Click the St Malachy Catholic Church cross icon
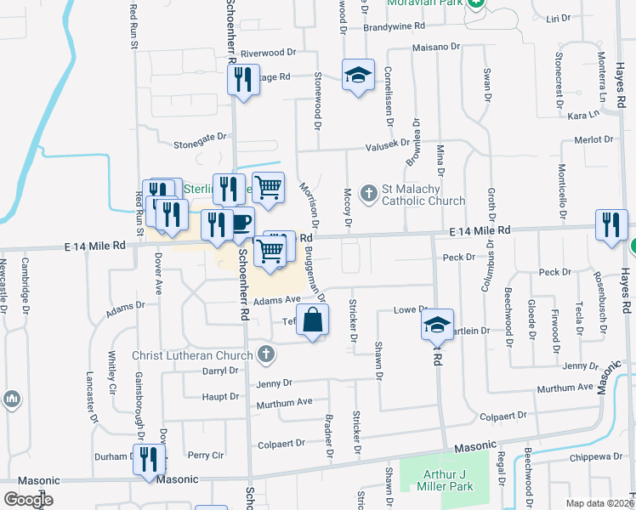tap(369, 193)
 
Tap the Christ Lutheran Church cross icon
tap(267, 354)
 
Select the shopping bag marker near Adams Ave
tap(313, 321)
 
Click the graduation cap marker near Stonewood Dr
tap(358, 75)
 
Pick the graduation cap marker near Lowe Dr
tap(438, 325)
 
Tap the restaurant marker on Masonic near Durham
tap(149, 460)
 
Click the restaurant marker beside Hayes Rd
tap(610, 224)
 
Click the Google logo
tap(28, 500)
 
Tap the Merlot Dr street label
tap(593, 139)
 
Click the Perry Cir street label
tap(205, 456)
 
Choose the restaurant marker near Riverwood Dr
tap(243, 80)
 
